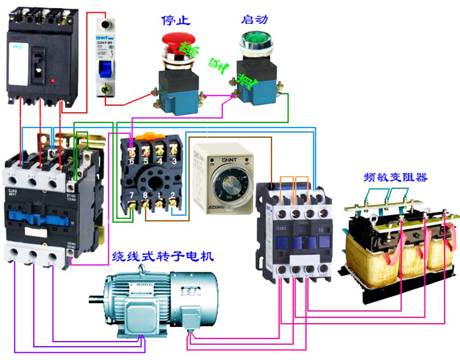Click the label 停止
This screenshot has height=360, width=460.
pyautogui.click(x=176, y=20)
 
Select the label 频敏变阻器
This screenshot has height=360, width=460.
pyautogui.click(x=394, y=178)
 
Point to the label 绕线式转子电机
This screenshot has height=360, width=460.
pyautogui.click(x=162, y=257)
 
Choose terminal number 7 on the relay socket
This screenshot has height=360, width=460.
pyautogui.click(x=132, y=196)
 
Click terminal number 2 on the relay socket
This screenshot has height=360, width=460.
pyautogui.click(x=174, y=196)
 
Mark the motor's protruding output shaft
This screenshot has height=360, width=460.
pyautogui.click(x=95, y=300)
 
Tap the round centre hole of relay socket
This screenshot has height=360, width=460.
pyautogui.click(x=153, y=178)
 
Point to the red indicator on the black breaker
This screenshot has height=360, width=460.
pyautogui.click(x=55, y=80)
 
